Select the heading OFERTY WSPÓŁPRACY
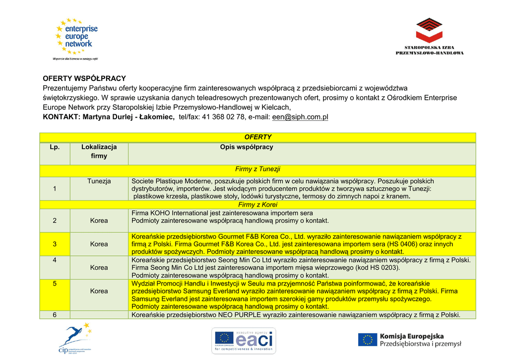(84, 78)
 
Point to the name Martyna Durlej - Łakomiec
(128, 117)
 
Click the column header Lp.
(55, 147)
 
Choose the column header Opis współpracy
(247, 147)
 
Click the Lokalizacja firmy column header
(99, 151)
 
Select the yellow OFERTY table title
(258, 137)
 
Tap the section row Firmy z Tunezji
(258, 169)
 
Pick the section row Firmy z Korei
(258, 205)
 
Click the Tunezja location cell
(99, 181)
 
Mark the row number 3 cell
(55, 244)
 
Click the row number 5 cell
(55, 284)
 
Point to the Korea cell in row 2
(99, 220)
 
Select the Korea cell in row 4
(99, 268)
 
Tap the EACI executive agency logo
(244, 340)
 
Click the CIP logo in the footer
(74, 339)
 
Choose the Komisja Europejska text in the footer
(412, 337)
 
